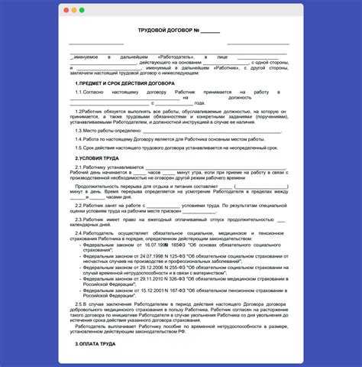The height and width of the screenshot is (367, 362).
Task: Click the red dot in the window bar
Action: pos(65,11)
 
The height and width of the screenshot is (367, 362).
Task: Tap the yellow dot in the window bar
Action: pos(73,11)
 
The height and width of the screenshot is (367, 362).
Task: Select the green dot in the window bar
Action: pos(82,11)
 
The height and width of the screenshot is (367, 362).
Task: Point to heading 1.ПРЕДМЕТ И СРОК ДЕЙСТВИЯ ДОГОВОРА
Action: pos(124,83)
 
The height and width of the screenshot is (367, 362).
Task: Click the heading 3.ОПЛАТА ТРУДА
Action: pos(95,345)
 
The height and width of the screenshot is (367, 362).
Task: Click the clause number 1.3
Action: pos(79,130)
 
